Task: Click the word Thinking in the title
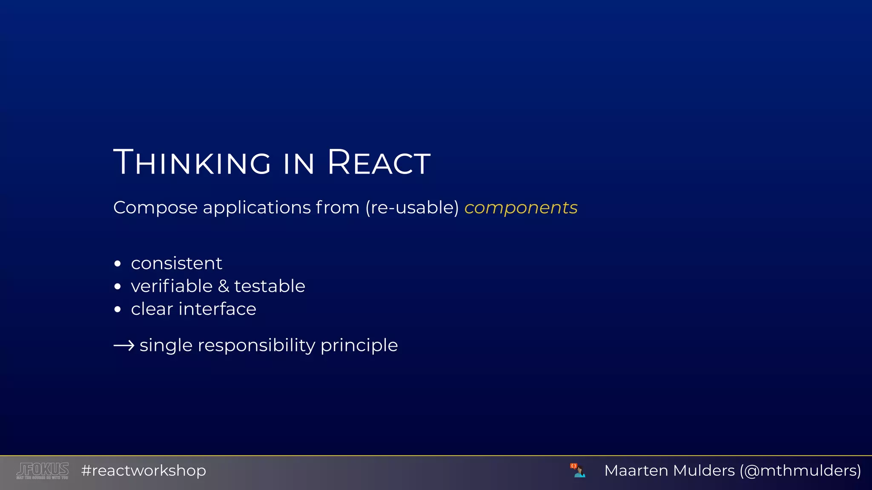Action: [x=192, y=162]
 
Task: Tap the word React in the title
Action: [x=379, y=162]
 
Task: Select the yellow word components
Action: [x=521, y=208]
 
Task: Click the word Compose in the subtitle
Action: [x=155, y=208]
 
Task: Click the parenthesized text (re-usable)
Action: [x=412, y=208]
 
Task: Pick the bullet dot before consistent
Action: [x=118, y=264]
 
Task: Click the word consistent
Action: [x=176, y=263]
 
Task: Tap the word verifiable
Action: [x=172, y=286]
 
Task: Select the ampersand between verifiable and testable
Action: [x=224, y=286]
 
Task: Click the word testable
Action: [x=270, y=286]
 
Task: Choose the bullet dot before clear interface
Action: [x=118, y=309]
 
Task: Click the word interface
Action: [x=217, y=309]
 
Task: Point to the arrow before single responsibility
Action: [x=124, y=345]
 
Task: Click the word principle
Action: [x=359, y=345]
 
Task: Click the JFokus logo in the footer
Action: [x=43, y=470]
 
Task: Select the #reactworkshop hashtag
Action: [x=143, y=470]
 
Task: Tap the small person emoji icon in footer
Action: [x=578, y=470]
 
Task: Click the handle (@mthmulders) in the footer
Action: [x=800, y=470]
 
